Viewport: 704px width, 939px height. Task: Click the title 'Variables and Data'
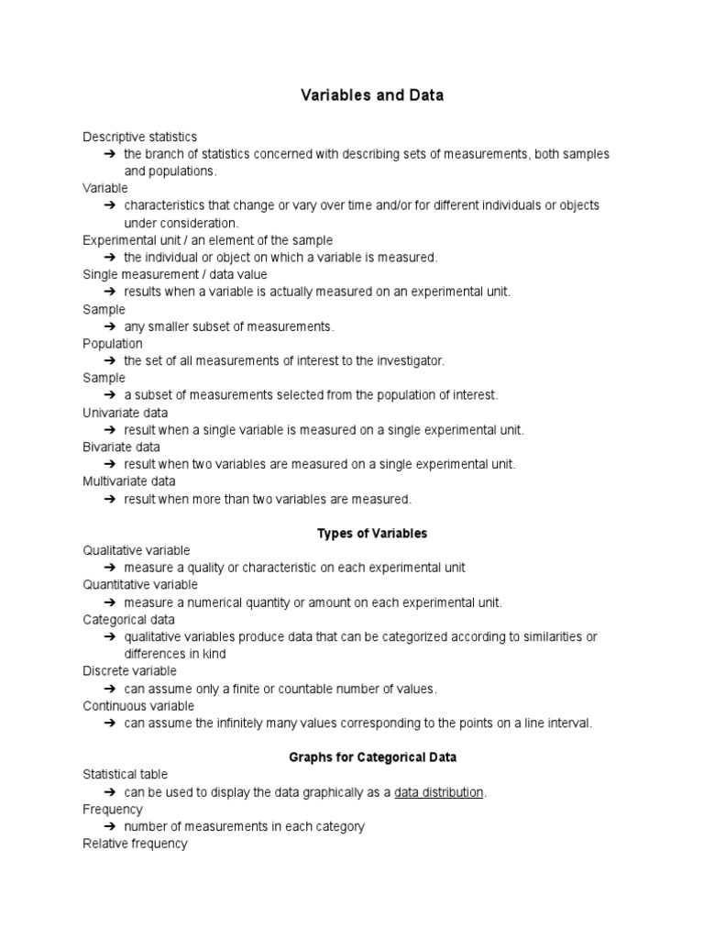point(372,95)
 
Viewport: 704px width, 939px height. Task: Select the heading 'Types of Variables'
point(372,533)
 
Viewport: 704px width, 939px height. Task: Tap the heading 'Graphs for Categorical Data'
point(372,757)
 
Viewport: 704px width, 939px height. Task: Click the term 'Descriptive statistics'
point(139,137)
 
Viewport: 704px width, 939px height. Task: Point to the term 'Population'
point(113,344)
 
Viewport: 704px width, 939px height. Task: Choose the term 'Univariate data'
point(125,413)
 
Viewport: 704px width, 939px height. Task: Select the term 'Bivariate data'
point(121,447)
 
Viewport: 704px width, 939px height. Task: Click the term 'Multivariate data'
point(128,481)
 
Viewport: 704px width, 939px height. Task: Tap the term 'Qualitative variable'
point(137,550)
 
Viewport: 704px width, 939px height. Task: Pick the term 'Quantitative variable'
point(140,584)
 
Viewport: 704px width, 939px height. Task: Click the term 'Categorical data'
point(128,620)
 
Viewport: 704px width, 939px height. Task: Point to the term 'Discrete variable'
point(129,671)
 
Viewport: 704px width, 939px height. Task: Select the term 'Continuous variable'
point(138,706)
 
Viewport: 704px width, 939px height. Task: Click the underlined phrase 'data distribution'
point(438,792)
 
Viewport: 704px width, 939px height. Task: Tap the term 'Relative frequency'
point(135,844)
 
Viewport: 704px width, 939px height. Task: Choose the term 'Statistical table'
point(126,775)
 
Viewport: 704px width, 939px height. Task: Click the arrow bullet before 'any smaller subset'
point(109,326)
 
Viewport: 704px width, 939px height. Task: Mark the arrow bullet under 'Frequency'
point(109,826)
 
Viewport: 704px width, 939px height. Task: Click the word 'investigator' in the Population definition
point(407,361)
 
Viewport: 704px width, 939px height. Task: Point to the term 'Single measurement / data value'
point(175,274)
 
